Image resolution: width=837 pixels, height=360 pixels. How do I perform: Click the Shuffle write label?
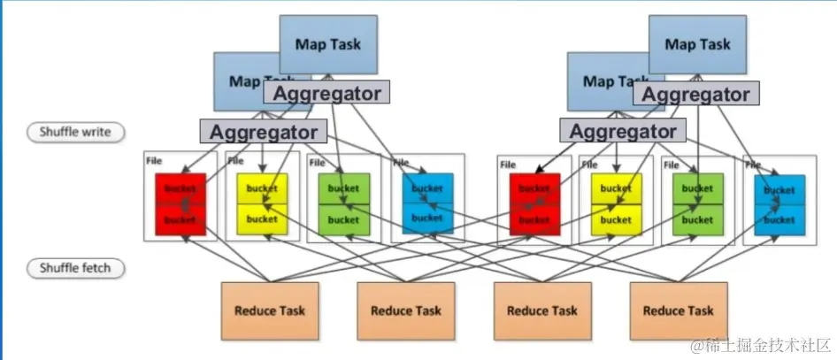tap(76, 133)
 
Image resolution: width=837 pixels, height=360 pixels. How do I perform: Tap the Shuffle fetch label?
tap(76, 267)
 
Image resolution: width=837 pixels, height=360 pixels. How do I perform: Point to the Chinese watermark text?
tap(762, 343)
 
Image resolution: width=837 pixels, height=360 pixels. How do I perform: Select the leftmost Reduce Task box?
tap(270, 310)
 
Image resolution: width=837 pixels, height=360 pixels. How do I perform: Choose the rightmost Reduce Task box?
tap(678, 310)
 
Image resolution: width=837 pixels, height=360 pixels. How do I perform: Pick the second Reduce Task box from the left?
tap(405, 310)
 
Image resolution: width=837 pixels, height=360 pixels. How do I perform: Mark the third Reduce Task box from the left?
tap(541, 310)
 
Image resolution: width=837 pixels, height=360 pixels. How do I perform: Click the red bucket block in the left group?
tap(180, 203)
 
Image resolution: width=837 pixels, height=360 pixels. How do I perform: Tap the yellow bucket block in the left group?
tap(262, 203)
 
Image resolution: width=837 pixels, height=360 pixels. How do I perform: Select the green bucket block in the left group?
tap(344, 203)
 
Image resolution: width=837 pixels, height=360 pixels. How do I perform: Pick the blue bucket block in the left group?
tap(426, 203)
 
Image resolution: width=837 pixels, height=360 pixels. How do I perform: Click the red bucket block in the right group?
tap(534, 203)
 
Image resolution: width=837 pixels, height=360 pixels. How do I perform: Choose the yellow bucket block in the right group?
tap(616, 203)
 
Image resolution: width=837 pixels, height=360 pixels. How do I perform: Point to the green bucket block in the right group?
tap(698, 203)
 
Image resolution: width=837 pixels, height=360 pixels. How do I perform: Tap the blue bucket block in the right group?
tap(779, 203)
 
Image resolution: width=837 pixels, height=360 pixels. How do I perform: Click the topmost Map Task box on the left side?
tap(327, 42)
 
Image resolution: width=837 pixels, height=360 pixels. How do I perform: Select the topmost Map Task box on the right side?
tap(698, 42)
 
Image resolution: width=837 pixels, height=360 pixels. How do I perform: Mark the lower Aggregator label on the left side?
tap(262, 132)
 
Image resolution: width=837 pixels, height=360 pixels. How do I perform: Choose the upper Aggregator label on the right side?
tap(696, 94)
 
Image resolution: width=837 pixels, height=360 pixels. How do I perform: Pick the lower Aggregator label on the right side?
tap(623, 132)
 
